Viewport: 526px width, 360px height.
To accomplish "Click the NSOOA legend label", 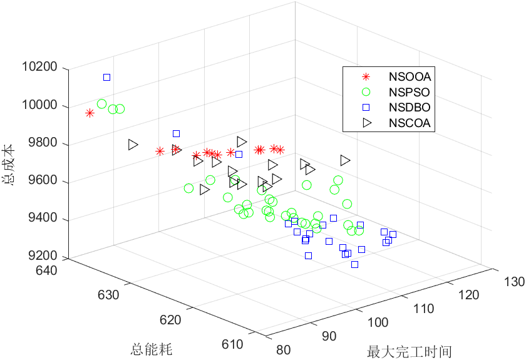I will tap(410, 78).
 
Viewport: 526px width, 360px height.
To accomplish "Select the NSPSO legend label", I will tap(410, 93).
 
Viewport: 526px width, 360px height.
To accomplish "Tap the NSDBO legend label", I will tap(410, 108).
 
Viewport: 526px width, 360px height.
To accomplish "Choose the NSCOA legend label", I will tap(410, 123).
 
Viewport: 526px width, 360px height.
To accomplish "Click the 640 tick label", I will tap(48, 270).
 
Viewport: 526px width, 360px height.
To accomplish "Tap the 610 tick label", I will tap(232, 344).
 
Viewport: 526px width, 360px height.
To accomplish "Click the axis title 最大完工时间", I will tap(410, 351).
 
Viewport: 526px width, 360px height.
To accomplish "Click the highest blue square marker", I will tap(106, 77).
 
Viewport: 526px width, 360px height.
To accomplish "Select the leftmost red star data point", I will tap(90, 113).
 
